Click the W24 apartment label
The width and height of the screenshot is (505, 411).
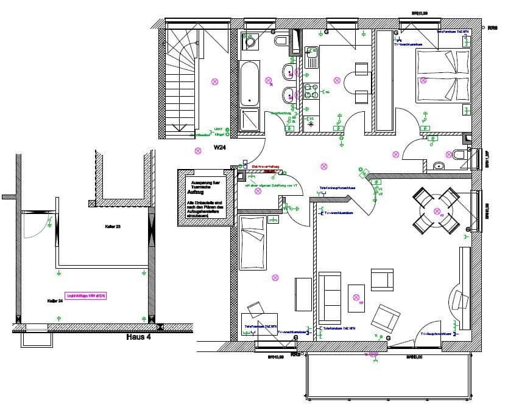click(221, 148)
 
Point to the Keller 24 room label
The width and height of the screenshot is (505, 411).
click(55, 300)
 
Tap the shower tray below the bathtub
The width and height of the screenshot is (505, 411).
click(249, 119)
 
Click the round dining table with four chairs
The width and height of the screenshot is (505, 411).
click(436, 210)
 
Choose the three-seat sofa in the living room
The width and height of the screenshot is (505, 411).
click(330, 297)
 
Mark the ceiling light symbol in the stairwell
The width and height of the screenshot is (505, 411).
click(214, 81)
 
